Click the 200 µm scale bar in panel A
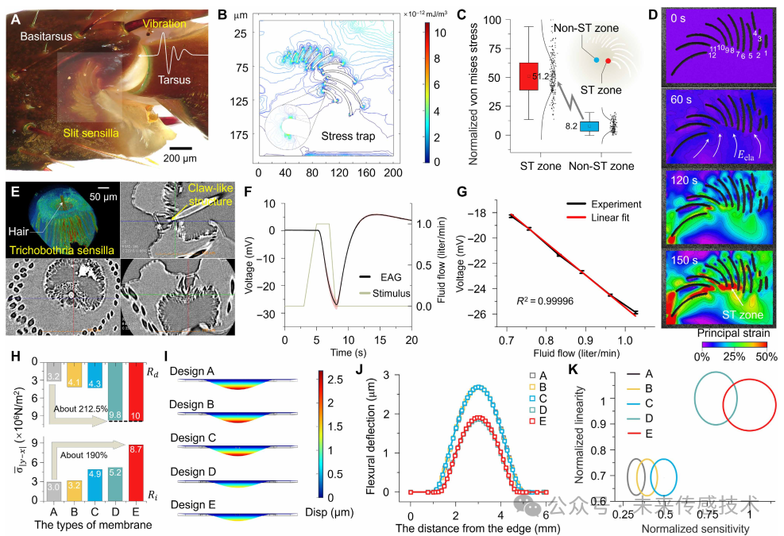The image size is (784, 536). [180, 147]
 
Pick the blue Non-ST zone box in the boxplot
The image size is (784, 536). [589, 126]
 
